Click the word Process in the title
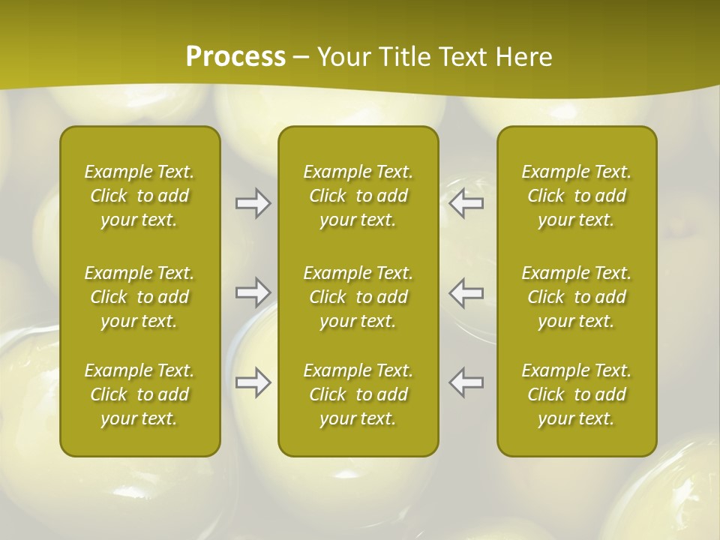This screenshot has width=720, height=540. pyautogui.click(x=235, y=57)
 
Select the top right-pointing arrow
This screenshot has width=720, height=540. pyautogui.click(x=253, y=203)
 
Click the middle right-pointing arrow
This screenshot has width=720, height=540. pyautogui.click(x=253, y=292)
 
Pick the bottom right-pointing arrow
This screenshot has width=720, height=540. pyautogui.click(x=253, y=382)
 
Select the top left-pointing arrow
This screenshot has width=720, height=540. pyautogui.click(x=466, y=203)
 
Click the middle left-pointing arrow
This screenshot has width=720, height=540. pyautogui.click(x=466, y=292)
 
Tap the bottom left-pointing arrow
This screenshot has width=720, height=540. pyautogui.click(x=466, y=382)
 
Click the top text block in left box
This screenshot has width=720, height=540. pyautogui.click(x=139, y=196)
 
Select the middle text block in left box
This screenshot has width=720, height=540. pyautogui.click(x=139, y=297)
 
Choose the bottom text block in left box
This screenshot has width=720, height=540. pyautogui.click(x=139, y=394)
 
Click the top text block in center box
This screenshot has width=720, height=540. pyautogui.click(x=358, y=196)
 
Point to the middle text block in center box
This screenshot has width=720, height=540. pyautogui.click(x=358, y=297)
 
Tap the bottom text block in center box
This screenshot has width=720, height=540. pyautogui.click(x=358, y=394)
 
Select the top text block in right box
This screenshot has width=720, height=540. pyautogui.click(x=577, y=196)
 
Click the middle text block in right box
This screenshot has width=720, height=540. pyautogui.click(x=577, y=297)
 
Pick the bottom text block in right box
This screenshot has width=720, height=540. pyautogui.click(x=577, y=394)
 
